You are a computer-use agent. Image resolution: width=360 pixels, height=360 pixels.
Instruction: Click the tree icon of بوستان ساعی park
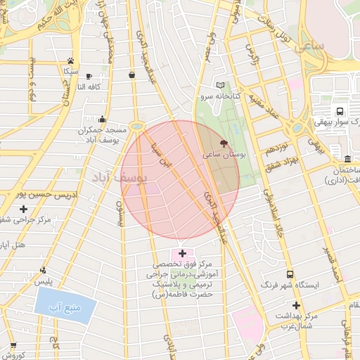(224, 143)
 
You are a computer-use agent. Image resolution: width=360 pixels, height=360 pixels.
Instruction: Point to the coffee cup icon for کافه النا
(89, 76)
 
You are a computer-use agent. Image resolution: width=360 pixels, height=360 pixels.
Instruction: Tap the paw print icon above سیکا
(71, 60)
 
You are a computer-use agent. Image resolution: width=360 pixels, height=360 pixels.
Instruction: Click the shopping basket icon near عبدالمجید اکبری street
(132, 75)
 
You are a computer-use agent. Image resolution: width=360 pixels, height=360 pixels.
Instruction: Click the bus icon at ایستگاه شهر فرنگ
(290, 274)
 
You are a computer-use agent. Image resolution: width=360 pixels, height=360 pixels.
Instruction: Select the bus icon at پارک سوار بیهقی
(340, 111)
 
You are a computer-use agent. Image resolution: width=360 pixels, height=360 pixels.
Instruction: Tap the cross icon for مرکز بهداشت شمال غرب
(296, 305)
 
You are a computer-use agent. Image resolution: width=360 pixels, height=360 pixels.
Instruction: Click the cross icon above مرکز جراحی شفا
(24, 209)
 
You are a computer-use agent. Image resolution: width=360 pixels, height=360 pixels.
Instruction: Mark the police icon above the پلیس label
(44, 270)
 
